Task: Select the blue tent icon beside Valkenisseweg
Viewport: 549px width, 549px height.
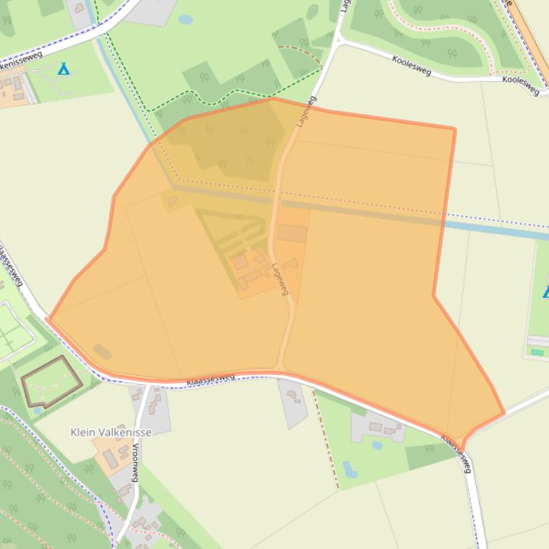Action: pyautogui.click(x=64, y=68)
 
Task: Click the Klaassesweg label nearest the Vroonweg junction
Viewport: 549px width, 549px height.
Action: pyautogui.click(x=211, y=379)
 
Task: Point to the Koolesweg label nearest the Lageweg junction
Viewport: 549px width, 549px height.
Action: pyautogui.click(x=411, y=65)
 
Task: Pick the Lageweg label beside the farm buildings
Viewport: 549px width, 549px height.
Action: pyautogui.click(x=280, y=279)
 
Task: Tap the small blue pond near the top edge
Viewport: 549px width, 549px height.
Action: pyautogui.click(x=186, y=20)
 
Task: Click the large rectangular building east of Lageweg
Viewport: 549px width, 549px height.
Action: pyautogui.click(x=292, y=233)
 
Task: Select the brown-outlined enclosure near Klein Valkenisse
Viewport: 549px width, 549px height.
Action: pyautogui.click(x=51, y=382)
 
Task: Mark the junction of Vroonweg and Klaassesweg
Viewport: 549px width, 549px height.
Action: pyautogui.click(x=148, y=386)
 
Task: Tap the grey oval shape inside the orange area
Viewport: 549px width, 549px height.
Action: pyautogui.click(x=102, y=351)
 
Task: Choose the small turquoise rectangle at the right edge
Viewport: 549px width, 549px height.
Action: pyautogui.click(x=537, y=352)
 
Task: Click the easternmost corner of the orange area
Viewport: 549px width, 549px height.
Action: pyautogui.click(x=504, y=413)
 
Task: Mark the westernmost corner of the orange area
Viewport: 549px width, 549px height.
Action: pyautogui.click(x=47, y=319)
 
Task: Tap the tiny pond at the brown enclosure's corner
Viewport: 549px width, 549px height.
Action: pyautogui.click(x=37, y=411)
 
